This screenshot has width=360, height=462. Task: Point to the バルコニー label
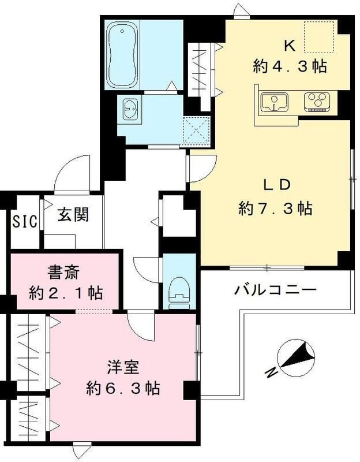275,289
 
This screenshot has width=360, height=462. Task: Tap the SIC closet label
25,221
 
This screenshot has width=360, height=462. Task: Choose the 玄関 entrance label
73,215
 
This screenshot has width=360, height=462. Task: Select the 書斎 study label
65,270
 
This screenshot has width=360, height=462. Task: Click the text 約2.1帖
66,293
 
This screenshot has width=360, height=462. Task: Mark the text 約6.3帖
123,388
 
